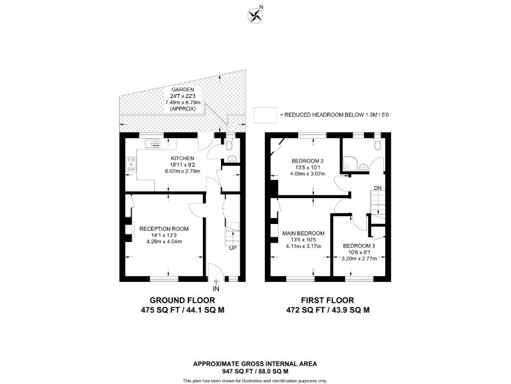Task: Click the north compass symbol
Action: coord(254,14)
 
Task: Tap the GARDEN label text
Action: coord(182,89)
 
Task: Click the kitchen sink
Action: coord(154,143)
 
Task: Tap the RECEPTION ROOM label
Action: coord(164,229)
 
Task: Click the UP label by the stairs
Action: coord(232,249)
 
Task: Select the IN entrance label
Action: coord(216,289)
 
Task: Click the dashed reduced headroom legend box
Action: coord(264,115)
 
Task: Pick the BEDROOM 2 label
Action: coord(307,161)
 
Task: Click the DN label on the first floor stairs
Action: coord(377,189)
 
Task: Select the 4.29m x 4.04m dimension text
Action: coord(164,242)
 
